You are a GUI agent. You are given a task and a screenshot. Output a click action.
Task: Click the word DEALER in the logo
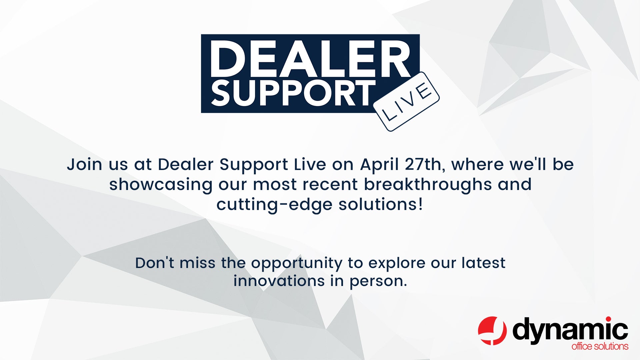point(310,59)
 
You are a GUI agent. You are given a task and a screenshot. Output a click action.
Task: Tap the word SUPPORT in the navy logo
point(293,94)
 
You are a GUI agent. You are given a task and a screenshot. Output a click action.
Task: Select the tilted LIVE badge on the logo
point(406,102)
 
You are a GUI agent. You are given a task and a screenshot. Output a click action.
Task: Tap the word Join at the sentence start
point(84,165)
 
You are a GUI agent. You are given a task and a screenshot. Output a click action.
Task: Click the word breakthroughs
point(428,185)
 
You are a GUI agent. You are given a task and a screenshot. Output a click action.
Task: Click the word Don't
point(154,263)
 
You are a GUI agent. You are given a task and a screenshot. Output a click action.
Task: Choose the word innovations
point(279,281)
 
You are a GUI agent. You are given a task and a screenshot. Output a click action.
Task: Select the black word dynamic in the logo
point(570,330)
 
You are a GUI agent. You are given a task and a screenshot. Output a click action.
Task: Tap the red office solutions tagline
point(600,346)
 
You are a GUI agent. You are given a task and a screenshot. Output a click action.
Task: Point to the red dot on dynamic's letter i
point(609,319)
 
